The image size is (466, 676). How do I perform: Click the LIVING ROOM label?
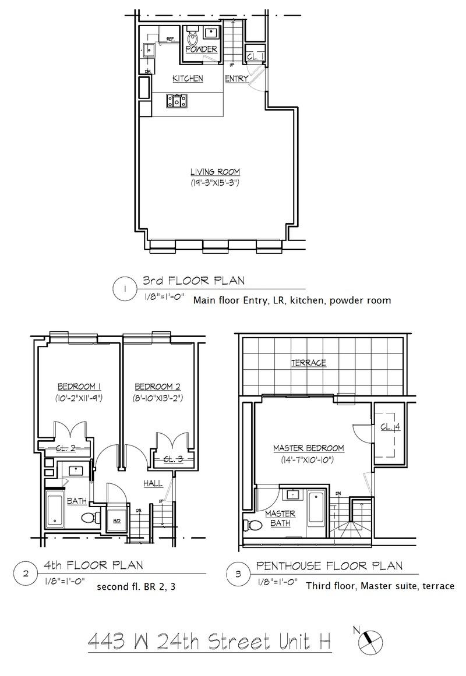coord(215,172)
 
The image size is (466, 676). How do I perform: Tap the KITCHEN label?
coord(188,79)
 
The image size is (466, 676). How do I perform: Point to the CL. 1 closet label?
coord(254,56)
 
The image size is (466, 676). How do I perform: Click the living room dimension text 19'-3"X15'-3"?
coord(215,183)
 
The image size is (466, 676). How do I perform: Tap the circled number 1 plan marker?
coord(124,288)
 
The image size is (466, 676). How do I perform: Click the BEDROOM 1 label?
coord(80,386)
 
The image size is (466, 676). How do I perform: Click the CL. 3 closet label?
coord(172,459)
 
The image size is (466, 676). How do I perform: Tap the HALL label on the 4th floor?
coord(153,483)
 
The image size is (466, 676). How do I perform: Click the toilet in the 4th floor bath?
coord(88,518)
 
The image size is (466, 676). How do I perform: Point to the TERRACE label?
coord(308,363)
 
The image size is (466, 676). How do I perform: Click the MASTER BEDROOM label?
coord(308,448)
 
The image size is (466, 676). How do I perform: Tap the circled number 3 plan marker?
coord(237,574)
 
